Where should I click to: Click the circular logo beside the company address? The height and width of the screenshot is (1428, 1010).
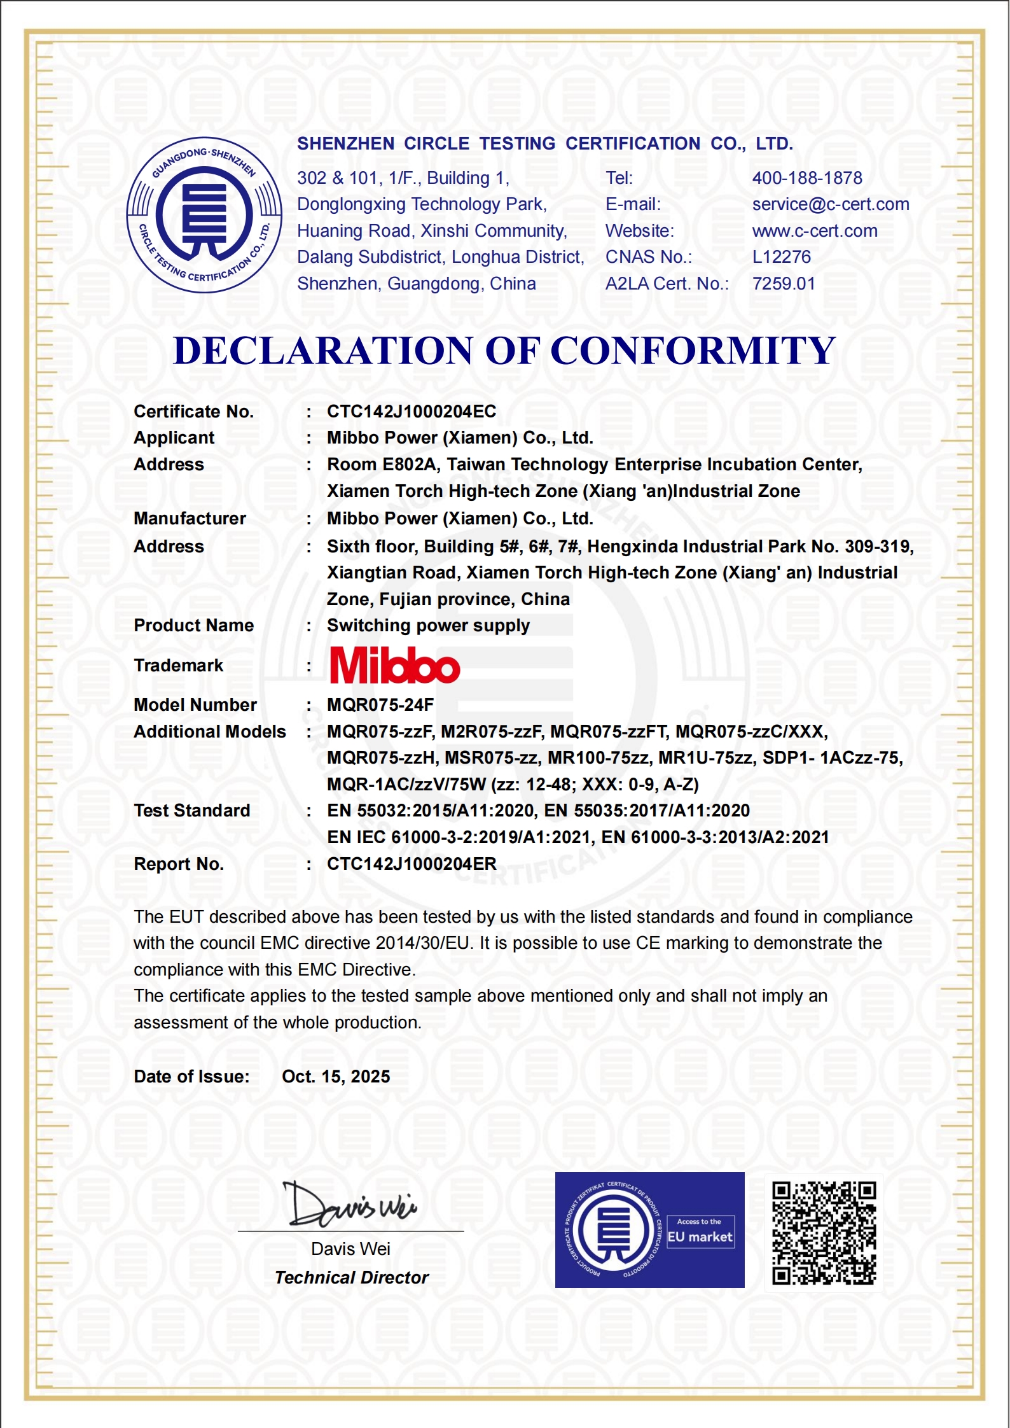204,215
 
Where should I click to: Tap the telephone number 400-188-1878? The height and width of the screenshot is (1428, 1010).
807,178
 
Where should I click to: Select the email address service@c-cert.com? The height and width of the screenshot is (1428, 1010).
831,204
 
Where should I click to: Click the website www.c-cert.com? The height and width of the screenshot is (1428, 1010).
815,231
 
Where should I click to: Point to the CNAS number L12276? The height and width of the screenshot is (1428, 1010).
782,257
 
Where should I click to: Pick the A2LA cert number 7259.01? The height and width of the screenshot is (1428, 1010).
784,284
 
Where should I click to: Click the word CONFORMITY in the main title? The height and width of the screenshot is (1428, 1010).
693,351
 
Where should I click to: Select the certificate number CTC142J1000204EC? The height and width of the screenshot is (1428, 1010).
412,412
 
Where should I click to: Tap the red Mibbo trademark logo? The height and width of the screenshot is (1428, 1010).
395,666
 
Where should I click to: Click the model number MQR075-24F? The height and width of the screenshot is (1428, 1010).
380,705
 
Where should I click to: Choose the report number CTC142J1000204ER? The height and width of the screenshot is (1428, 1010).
412,864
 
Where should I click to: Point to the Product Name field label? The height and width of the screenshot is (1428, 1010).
193,626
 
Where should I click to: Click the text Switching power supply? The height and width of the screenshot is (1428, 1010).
428,626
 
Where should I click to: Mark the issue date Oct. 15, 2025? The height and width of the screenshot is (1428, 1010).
336,1077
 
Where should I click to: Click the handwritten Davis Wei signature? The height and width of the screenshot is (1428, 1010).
349,1205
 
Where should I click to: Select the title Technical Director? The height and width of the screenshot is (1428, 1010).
352,1278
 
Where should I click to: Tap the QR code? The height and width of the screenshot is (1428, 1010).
824,1233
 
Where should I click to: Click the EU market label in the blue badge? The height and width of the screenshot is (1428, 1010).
700,1237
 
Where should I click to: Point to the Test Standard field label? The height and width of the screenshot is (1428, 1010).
192,811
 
